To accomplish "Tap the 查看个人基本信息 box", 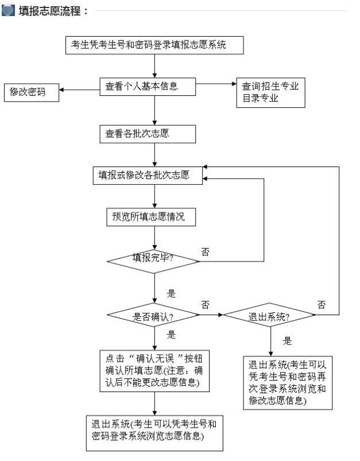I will pos(148,87).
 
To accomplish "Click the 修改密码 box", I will pos(32,92).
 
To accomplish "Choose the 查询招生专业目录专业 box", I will pos(270,92).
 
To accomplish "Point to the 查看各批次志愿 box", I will pos(148,134).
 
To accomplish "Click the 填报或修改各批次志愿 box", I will pos(148,176).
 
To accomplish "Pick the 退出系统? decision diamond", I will pos(269,315).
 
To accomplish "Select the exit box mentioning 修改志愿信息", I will pos(288,382).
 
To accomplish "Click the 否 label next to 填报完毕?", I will pos(206,251).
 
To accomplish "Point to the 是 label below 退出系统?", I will pos(288,341).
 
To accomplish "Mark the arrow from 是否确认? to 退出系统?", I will pos(211,315).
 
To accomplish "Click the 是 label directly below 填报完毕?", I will pos(171,293).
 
